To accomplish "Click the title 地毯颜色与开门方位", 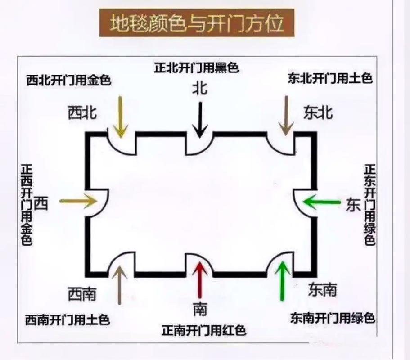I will [197, 23].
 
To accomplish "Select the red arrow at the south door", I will [200, 280].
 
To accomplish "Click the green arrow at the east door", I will [321, 202].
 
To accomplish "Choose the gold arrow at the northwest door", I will [120, 116].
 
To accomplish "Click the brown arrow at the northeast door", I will [285, 115].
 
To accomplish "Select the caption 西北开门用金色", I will [68, 81].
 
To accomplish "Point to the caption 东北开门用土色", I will [330, 78].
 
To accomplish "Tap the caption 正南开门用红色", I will [203, 331].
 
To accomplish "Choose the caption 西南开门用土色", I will [67, 320].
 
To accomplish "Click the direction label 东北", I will [318, 113].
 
